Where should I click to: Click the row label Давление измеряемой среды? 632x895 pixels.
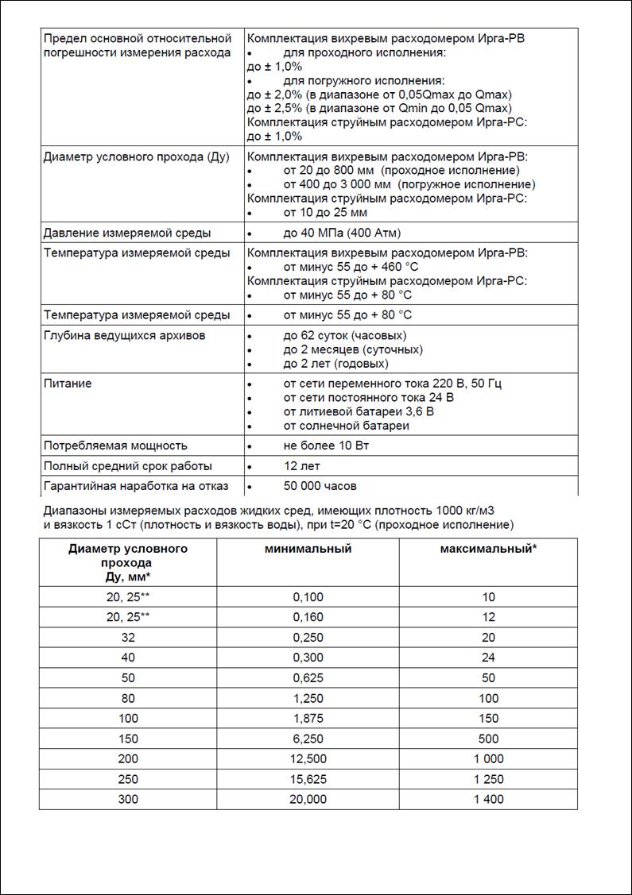coord(126,233)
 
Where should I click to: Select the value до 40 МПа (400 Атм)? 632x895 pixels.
coord(342,233)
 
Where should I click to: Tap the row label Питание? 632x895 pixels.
coord(68,384)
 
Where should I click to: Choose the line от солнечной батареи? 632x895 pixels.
coord(346,426)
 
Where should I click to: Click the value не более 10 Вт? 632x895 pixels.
coord(326,446)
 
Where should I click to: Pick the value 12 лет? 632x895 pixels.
coord(301,466)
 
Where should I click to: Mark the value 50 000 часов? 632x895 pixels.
coord(320,486)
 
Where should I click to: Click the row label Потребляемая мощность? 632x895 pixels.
coord(115,446)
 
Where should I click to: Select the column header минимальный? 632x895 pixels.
coord(308,549)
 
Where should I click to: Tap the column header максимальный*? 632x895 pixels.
coord(488,549)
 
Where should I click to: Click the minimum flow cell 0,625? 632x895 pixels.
coord(308,677)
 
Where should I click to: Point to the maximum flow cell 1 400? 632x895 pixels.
coord(488,799)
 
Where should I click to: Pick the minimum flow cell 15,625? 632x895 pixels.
coord(308,779)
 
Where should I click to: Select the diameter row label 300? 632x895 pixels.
coord(128,799)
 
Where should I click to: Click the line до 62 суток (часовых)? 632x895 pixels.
coord(344,335)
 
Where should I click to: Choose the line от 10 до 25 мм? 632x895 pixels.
coord(325,212)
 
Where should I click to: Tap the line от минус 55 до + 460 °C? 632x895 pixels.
coord(351,267)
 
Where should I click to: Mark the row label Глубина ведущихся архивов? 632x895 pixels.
coord(124,335)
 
